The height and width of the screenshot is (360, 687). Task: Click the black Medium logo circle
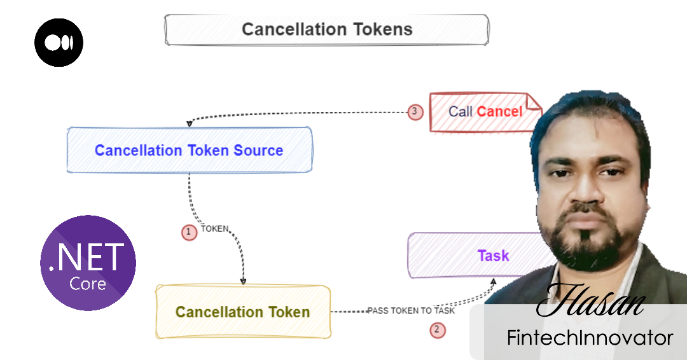pyautogui.click(x=59, y=43)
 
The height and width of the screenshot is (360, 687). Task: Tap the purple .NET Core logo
pyautogui.click(x=88, y=263)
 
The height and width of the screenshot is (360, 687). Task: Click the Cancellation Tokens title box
pyautogui.click(x=327, y=29)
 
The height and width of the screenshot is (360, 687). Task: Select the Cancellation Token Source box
pyautogui.click(x=189, y=150)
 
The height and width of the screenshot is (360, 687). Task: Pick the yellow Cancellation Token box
pyautogui.click(x=243, y=312)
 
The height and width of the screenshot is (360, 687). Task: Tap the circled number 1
pyautogui.click(x=189, y=232)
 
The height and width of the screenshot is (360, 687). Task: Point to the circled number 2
pyautogui.click(x=437, y=329)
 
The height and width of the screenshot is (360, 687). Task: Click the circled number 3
pyautogui.click(x=415, y=112)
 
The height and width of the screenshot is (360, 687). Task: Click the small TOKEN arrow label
pyautogui.click(x=214, y=228)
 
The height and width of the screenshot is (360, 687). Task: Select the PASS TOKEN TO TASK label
pyautogui.click(x=411, y=311)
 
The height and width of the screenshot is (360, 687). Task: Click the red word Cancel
pyautogui.click(x=499, y=112)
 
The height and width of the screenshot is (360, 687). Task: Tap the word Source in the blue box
pyautogui.click(x=258, y=151)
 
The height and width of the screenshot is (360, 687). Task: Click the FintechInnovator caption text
pyautogui.click(x=590, y=338)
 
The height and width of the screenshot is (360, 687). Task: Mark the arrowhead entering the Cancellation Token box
pyautogui.click(x=242, y=281)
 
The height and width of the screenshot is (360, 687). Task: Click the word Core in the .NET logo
pyautogui.click(x=88, y=284)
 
